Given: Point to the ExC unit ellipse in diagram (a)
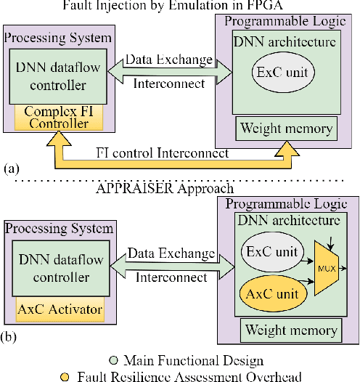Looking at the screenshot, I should (x=283, y=73).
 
